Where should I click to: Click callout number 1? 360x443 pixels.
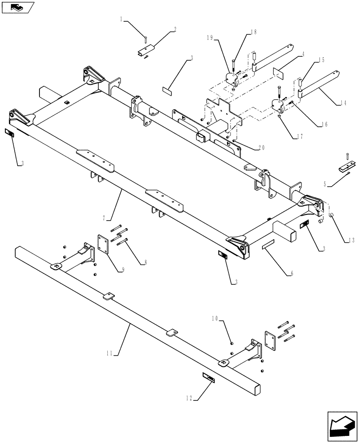(121, 19)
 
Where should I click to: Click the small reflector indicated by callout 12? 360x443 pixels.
(208, 377)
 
